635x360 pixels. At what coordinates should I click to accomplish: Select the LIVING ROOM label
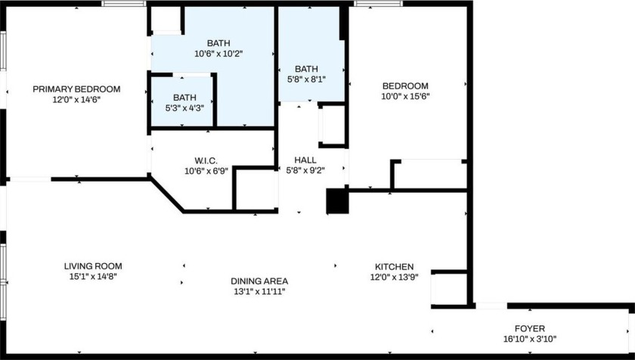tap(93, 266)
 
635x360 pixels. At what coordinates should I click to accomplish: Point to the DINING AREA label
tap(259, 281)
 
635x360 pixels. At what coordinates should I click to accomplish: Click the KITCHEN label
tap(395, 267)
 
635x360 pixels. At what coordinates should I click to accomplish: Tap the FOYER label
tap(530, 329)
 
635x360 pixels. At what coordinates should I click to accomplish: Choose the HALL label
tap(305, 160)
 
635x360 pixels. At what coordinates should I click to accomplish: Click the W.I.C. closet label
tap(206, 160)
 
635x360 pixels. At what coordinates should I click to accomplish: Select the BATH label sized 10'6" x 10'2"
tap(212, 43)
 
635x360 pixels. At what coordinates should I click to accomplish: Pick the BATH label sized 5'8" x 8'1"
tap(307, 68)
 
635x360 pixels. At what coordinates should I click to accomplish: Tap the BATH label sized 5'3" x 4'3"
tap(184, 98)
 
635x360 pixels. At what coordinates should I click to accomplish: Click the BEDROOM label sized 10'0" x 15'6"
tap(405, 86)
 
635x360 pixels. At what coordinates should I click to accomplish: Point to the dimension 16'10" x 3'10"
tap(530, 339)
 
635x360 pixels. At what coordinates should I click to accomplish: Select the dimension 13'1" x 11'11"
tap(259, 291)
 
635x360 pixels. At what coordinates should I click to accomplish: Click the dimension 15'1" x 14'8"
tap(93, 276)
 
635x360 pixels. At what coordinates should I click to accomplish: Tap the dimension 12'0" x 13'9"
tap(395, 277)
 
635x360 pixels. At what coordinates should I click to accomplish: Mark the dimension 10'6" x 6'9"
tap(206, 170)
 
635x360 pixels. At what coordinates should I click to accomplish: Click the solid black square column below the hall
tap(336, 201)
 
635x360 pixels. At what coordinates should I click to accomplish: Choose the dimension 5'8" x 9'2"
tap(305, 170)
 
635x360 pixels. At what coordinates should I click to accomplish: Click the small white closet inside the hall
tap(332, 126)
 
